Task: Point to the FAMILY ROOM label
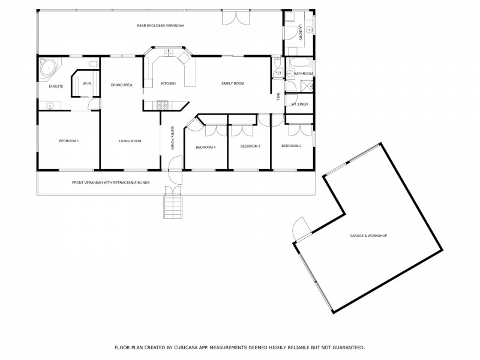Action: [232, 83]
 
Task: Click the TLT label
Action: [277, 73]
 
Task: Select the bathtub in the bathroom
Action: [298, 62]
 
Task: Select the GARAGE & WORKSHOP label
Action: [368, 236]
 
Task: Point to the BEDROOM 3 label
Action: [250, 146]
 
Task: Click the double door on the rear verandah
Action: [234, 17]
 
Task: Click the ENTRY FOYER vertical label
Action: [172, 137]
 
